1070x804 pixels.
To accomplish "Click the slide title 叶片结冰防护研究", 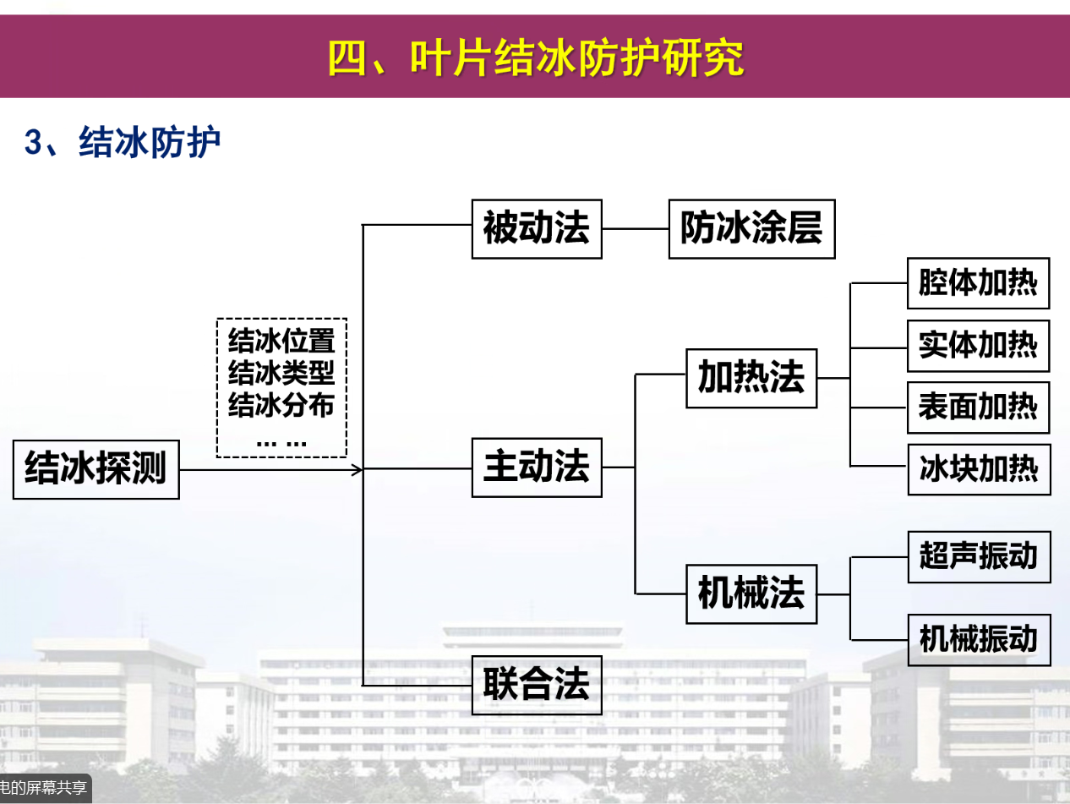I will (x=536, y=57).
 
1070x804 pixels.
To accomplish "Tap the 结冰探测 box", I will (x=96, y=468).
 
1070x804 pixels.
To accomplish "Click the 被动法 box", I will (x=537, y=228).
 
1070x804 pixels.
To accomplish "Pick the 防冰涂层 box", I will (x=751, y=228).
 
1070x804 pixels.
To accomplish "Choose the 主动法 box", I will (x=537, y=467).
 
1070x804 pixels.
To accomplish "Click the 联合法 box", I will (x=537, y=684).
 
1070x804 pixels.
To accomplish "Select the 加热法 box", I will (x=751, y=378).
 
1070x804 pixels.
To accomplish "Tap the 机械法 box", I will (x=751, y=593).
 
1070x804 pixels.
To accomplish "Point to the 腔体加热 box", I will (x=978, y=283).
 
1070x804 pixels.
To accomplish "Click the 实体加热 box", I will (x=978, y=346).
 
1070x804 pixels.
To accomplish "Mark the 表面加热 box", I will (x=978, y=407).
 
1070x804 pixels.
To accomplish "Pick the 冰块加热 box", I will (x=979, y=469).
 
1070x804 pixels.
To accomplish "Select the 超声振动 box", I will (x=979, y=556).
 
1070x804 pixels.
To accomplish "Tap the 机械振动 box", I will (x=979, y=639).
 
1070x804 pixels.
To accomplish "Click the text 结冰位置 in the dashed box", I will (x=281, y=342).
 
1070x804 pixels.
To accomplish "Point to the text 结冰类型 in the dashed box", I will (x=281, y=373).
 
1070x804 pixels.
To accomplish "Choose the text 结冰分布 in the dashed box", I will (x=281, y=405).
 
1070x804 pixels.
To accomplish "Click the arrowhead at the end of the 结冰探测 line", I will (x=358, y=469).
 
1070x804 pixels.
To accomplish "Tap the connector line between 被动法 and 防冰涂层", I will (x=635, y=228).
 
